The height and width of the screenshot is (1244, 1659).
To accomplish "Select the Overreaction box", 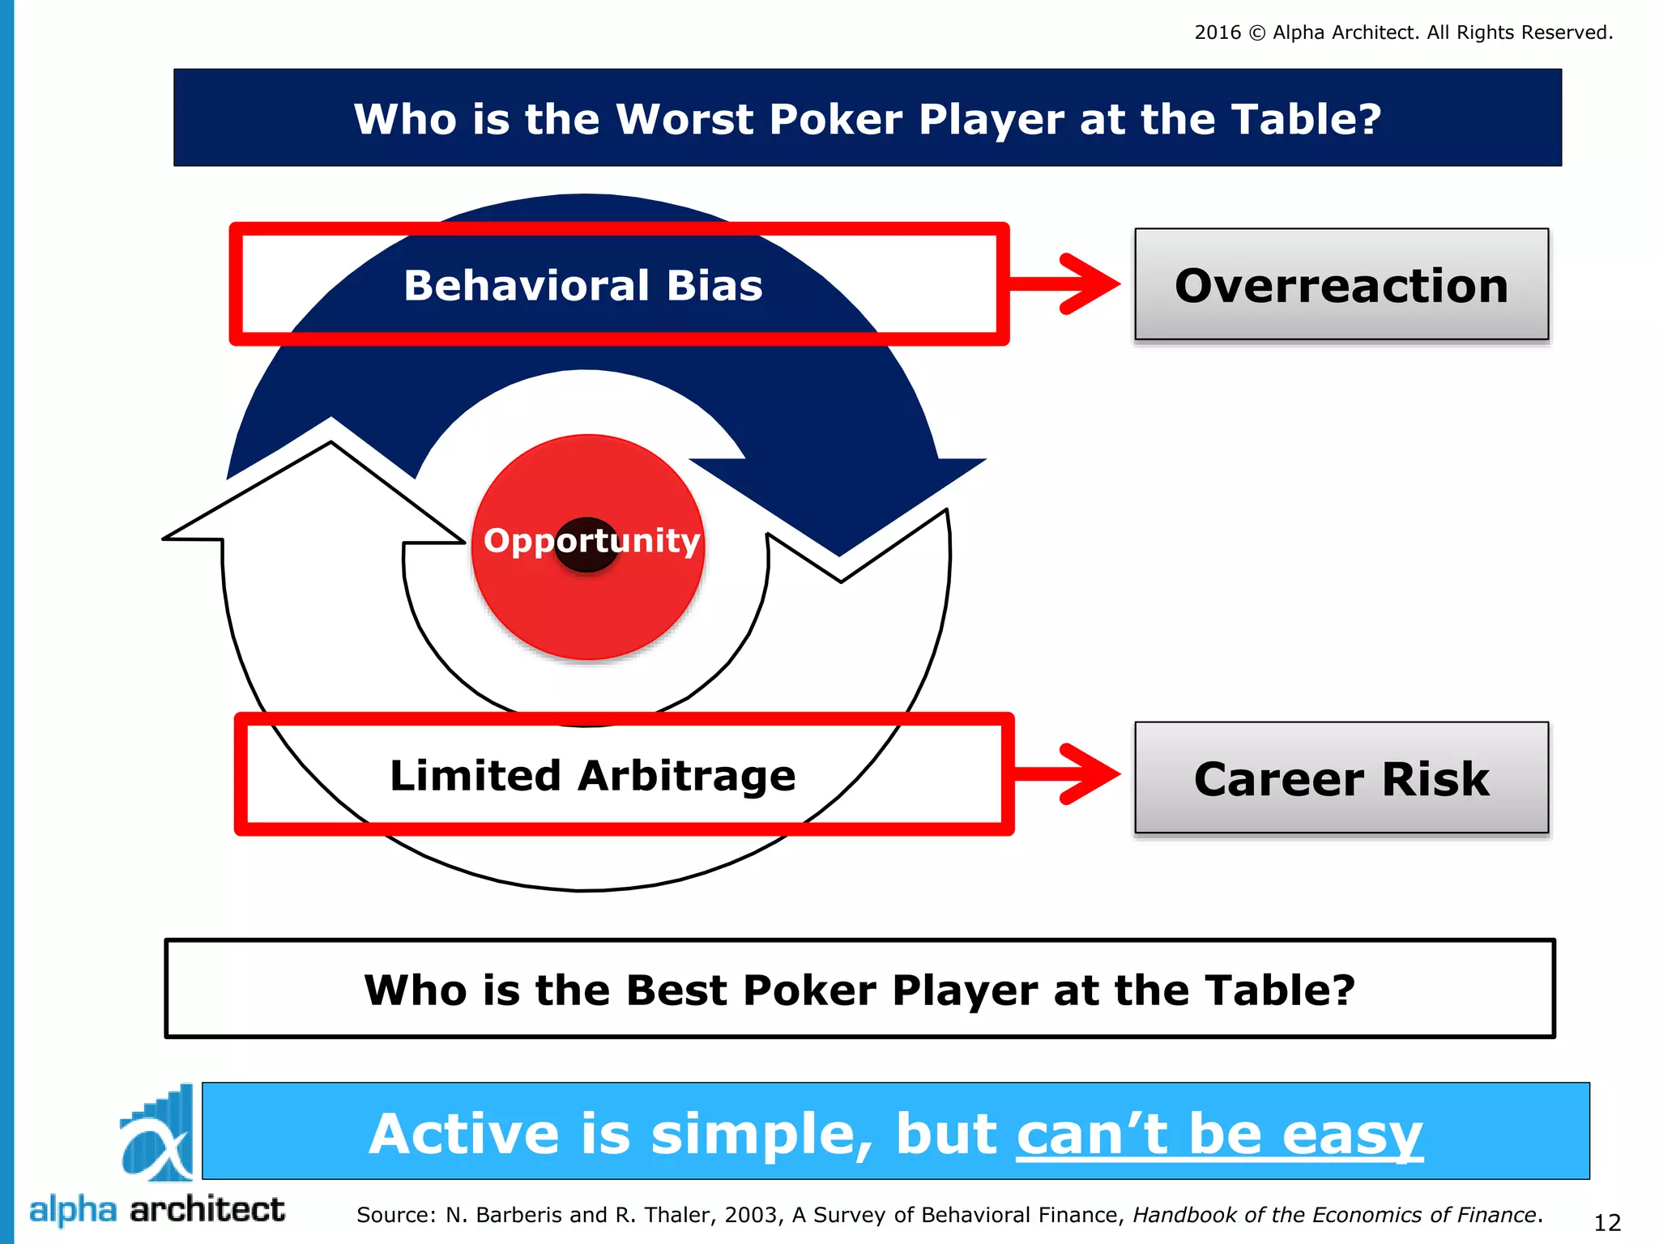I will click(x=1341, y=285).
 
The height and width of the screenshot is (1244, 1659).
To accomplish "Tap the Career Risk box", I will click(x=1341, y=778).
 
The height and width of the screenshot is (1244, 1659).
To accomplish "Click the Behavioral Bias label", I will click(x=583, y=286).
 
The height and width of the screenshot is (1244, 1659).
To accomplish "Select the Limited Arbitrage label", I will click(x=593, y=776).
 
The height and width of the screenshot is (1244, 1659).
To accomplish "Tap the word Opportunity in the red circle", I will click(x=591, y=541).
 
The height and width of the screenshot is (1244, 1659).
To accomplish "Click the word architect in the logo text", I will click(x=207, y=1210).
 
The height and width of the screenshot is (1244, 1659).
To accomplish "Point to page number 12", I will click(x=1607, y=1222).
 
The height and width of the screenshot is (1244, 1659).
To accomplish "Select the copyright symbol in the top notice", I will click(x=1256, y=33).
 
